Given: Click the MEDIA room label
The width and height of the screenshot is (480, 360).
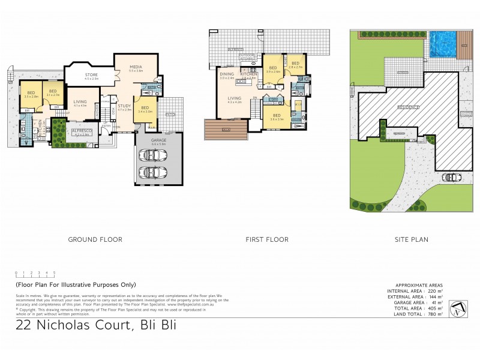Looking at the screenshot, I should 136,66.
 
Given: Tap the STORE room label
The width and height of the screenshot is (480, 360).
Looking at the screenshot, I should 91,74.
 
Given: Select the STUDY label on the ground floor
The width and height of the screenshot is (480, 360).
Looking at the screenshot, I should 124,106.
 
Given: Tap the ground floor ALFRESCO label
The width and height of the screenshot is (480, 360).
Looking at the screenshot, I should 80,130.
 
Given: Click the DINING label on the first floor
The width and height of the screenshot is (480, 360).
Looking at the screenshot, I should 227,74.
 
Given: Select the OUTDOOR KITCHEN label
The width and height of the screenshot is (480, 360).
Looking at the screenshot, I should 247,56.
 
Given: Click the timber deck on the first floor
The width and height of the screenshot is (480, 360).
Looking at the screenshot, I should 226,129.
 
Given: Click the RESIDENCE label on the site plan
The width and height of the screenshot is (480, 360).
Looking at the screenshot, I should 407,107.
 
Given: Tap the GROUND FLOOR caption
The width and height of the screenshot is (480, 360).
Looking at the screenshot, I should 95,239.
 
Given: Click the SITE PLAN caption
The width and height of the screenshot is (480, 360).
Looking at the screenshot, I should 412,239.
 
